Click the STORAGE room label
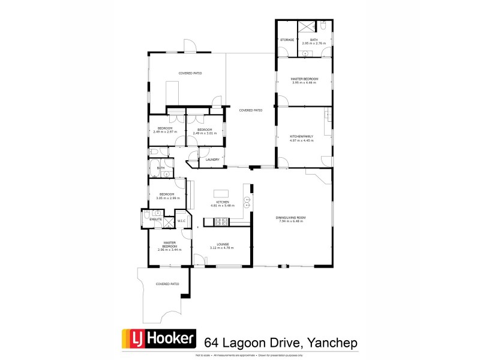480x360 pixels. pyautogui.click(x=287, y=40)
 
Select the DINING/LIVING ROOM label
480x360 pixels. pyautogui.click(x=292, y=217)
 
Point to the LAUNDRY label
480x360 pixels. pyautogui.click(x=212, y=160)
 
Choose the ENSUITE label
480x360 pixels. pyautogui.click(x=155, y=220)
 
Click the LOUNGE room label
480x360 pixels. pyautogui.click(x=220, y=244)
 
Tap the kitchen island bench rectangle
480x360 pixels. pyautogui.click(x=221, y=193)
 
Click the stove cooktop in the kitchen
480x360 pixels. pyautogui.click(x=220, y=222)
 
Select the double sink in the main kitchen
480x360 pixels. pyautogui.click(x=247, y=203)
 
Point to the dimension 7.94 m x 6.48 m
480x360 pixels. pyautogui.click(x=292, y=221)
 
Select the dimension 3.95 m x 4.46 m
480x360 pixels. pyautogui.click(x=304, y=83)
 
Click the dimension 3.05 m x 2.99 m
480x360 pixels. pyautogui.click(x=166, y=198)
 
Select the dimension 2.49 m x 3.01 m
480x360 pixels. pyautogui.click(x=205, y=133)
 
